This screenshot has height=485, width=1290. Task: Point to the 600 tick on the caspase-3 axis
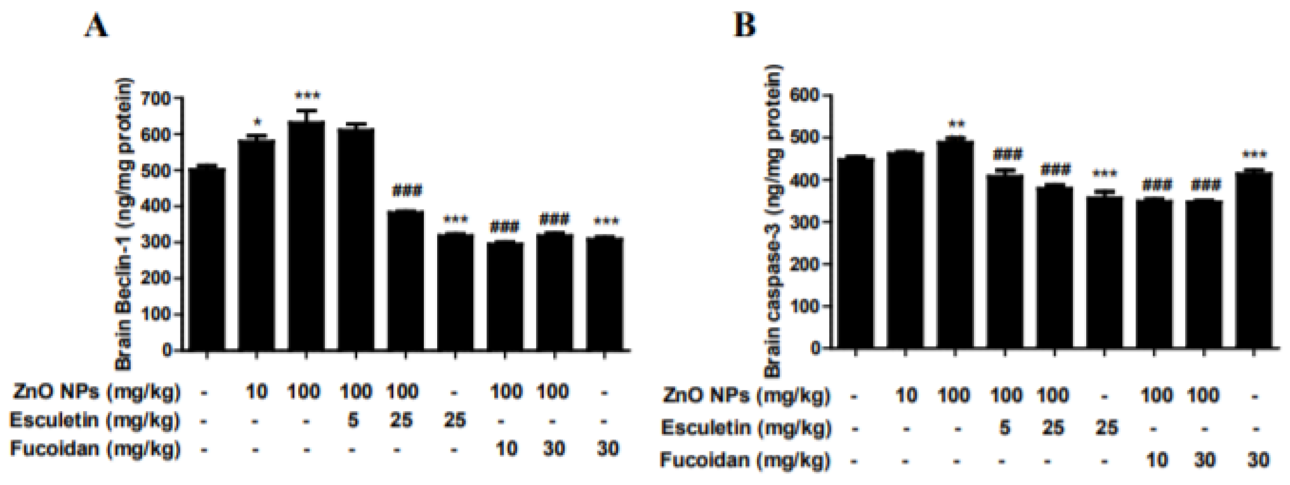point(806,95)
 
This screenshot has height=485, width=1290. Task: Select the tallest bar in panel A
point(306,235)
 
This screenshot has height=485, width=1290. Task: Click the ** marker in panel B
point(956,125)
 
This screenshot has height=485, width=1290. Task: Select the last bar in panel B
point(1254,260)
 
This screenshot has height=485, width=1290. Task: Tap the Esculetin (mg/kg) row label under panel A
point(95,421)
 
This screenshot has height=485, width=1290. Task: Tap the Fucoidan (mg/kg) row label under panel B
point(745,459)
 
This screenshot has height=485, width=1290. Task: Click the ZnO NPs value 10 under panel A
point(256,392)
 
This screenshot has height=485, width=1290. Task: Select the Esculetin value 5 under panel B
point(1005,428)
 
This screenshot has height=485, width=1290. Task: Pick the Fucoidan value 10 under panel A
point(506,449)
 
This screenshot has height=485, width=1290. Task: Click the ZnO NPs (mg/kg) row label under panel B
point(746,396)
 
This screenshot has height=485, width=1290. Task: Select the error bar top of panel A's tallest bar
point(306,110)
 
